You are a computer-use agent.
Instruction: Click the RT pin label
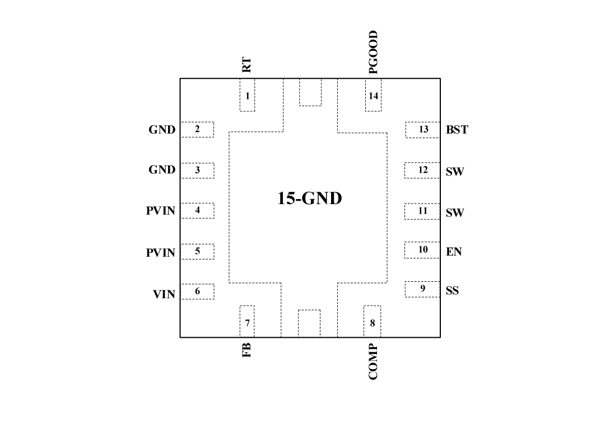(246, 65)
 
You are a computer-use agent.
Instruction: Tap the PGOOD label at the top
(374, 53)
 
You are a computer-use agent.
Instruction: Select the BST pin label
(457, 130)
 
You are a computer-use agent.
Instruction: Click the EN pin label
(454, 252)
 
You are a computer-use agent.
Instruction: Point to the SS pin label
(452, 291)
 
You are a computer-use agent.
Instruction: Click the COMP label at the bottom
(374, 362)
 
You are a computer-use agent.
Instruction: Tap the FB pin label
(246, 350)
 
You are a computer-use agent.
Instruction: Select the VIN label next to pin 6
(164, 294)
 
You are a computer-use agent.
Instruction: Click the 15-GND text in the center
(309, 198)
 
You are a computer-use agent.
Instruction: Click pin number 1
(247, 96)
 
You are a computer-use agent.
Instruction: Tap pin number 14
(374, 96)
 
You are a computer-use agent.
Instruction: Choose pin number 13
(424, 130)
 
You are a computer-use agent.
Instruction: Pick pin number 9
(423, 288)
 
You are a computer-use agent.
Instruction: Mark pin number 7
(247, 323)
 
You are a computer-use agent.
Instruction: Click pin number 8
(373, 323)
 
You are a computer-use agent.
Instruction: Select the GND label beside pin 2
(162, 130)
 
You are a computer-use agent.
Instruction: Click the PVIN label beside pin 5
(161, 253)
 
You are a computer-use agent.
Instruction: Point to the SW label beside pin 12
(455, 172)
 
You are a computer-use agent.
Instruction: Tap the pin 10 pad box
(422, 250)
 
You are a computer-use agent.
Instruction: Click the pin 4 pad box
(197, 210)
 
